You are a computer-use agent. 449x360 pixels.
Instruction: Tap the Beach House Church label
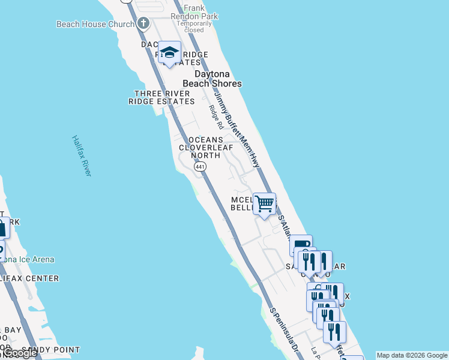coord(95,24)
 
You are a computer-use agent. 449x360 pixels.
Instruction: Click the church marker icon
coord(143,24)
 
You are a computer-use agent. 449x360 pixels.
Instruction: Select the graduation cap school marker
coord(169,52)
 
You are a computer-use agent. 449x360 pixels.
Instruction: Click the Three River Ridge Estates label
coord(161,97)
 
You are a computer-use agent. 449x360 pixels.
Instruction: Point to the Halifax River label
coord(82,155)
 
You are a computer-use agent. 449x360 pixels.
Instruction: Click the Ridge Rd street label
coord(216,118)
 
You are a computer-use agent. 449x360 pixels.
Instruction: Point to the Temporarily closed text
coord(194,26)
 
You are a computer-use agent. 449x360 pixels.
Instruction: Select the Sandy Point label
coord(50,350)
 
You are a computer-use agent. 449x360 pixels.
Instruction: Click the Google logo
coord(20,353)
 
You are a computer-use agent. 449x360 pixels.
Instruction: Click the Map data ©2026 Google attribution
coord(412,355)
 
